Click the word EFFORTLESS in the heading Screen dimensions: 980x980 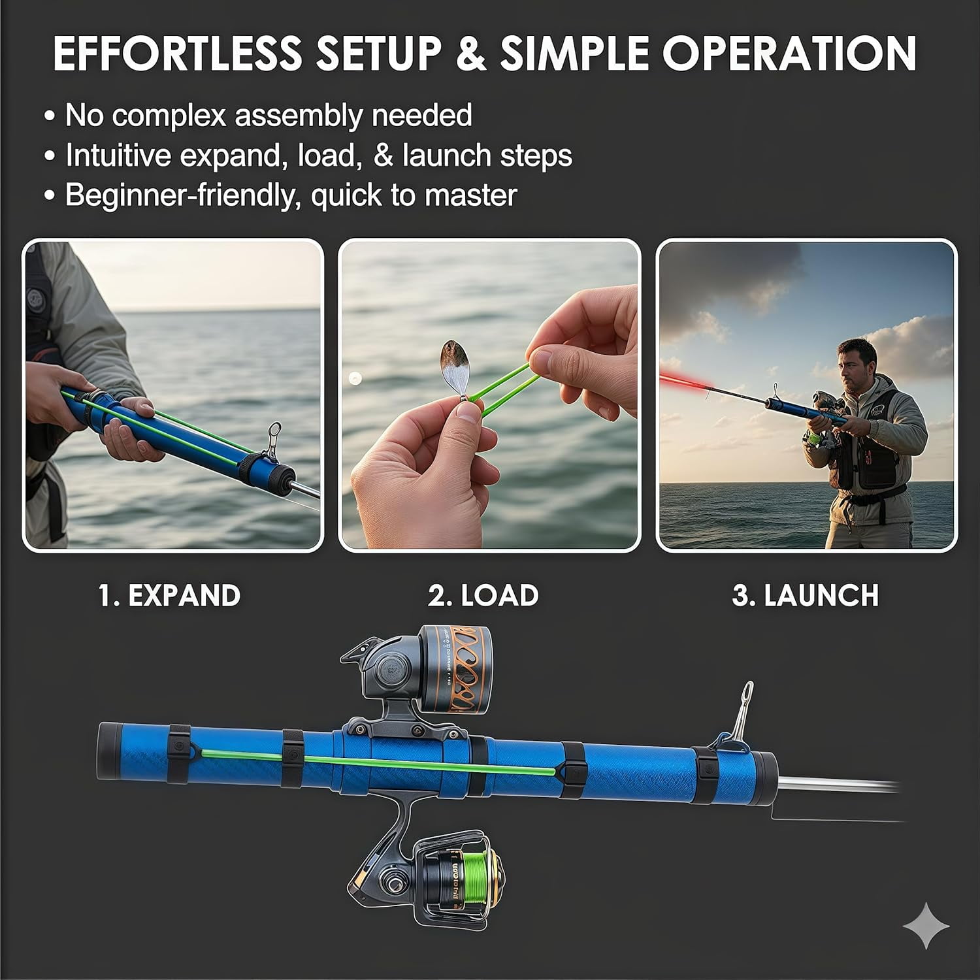(177, 53)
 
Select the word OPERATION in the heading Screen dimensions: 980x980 (790, 53)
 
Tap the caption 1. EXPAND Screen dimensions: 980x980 (170, 596)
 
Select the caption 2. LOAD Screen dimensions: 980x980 (483, 596)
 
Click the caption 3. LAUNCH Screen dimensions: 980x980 (806, 596)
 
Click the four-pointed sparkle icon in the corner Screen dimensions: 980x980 (926, 925)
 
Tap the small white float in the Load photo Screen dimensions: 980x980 (355, 378)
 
